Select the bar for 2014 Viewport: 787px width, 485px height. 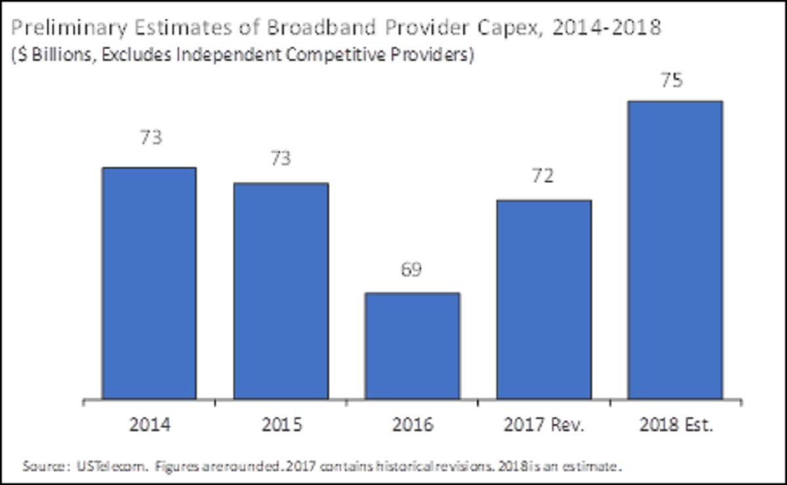pos(149,283)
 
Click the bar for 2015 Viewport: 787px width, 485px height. pos(281,291)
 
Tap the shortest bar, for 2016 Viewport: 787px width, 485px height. pos(413,345)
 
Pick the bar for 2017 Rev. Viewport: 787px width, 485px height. pos(544,300)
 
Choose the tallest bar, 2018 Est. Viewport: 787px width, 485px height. pos(675,250)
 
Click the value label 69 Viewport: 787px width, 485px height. pos(413,269)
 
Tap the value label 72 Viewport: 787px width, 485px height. pos(544,177)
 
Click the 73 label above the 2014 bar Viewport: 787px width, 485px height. pos(150,138)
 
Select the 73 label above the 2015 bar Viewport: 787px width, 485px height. pos(281,159)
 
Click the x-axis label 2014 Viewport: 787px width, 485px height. pos(150,425)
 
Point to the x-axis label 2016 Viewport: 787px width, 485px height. pos(413,425)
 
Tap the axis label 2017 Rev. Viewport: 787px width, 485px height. pos(544,425)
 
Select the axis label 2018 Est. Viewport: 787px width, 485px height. pos(675,425)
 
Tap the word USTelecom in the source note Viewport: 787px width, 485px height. pos(94,467)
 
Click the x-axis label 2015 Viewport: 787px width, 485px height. pos(281,425)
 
